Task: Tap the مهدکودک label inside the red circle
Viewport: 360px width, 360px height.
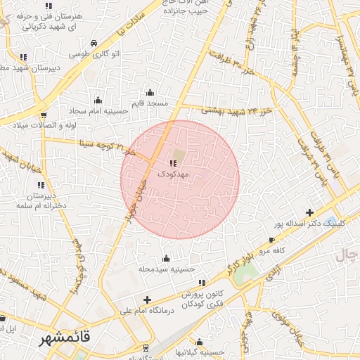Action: pyautogui.click(x=173, y=172)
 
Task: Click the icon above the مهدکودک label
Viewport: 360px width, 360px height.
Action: pyautogui.click(x=173, y=163)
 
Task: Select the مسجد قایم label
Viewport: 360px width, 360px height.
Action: pyautogui.click(x=150, y=103)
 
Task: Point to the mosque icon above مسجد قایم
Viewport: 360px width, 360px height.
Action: pyautogui.click(x=149, y=92)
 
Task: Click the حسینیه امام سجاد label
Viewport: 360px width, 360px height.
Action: pyautogui.click(x=98, y=111)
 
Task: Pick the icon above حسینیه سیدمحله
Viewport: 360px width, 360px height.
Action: pyautogui.click(x=166, y=258)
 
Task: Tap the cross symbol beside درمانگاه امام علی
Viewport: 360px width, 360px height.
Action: pyautogui.click(x=147, y=300)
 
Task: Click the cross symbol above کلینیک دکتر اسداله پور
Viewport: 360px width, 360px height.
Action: pyautogui.click(x=309, y=212)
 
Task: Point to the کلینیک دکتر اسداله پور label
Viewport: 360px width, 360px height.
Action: pyautogui.click(x=309, y=223)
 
